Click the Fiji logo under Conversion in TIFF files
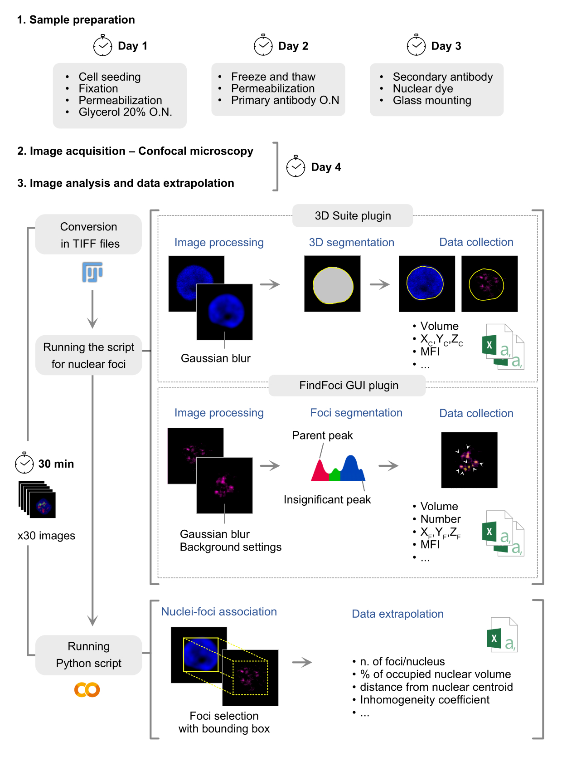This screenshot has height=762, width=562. point(92,272)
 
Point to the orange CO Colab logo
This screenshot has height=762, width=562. point(87,689)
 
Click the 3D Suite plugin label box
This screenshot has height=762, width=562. point(352,215)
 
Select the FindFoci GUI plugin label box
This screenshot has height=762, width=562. point(347,385)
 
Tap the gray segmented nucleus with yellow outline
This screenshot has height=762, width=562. point(332,285)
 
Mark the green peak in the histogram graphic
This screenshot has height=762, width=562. point(334,474)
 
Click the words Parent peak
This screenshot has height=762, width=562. point(322,435)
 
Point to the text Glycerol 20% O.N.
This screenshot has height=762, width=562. point(125,112)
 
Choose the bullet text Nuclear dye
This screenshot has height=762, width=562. point(422,88)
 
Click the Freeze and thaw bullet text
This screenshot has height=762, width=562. point(273,76)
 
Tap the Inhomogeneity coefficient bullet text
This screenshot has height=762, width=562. point(424,699)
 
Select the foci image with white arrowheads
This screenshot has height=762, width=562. point(469,459)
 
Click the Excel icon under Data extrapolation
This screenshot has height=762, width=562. point(502,634)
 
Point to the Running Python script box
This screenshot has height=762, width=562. point(88,655)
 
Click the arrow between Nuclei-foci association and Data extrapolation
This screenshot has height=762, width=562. point(302,662)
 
